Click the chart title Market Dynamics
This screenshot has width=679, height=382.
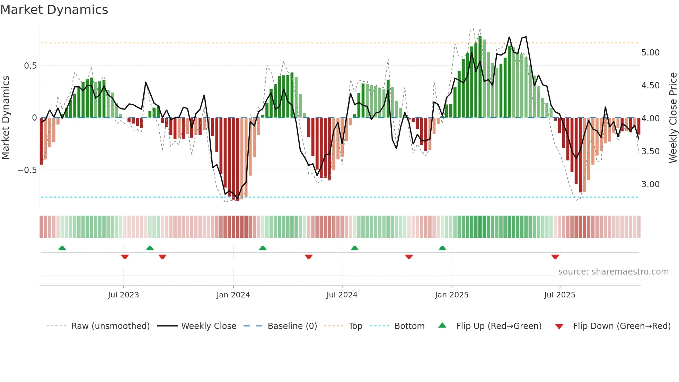click(x=54, y=10)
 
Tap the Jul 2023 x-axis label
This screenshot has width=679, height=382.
click(x=123, y=295)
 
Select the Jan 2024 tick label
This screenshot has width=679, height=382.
click(x=233, y=295)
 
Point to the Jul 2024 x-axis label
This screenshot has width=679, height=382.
click(x=342, y=295)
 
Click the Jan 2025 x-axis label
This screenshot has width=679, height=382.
click(x=451, y=295)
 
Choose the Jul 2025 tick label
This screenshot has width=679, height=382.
click(x=559, y=295)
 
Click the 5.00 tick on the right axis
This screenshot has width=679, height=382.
click(x=650, y=53)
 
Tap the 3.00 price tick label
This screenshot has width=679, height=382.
click(x=650, y=184)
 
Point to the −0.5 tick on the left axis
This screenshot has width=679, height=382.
click(x=27, y=170)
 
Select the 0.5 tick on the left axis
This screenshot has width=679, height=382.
click(x=30, y=66)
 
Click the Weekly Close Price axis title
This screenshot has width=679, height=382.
click(x=673, y=118)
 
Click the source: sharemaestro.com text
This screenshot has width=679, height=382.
click(x=613, y=272)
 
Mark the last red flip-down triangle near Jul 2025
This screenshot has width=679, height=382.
click(x=555, y=257)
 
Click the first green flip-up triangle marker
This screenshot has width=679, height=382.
click(x=62, y=248)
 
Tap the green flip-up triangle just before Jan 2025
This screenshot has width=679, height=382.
click(x=442, y=248)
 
